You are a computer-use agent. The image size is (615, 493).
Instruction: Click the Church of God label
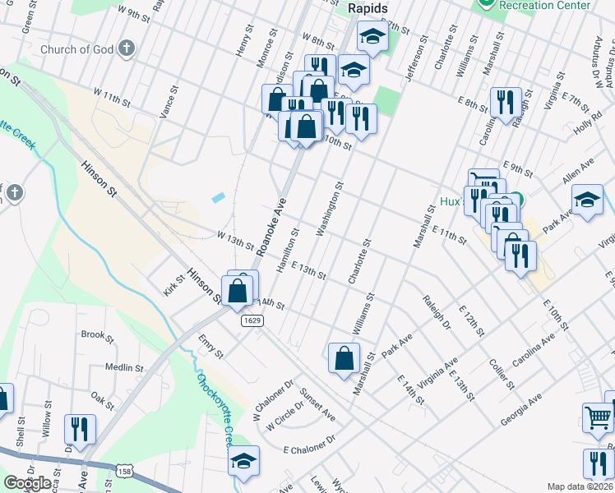[x=77, y=49]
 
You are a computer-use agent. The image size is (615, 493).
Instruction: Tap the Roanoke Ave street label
[x=272, y=226]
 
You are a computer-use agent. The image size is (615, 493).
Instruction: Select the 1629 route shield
[x=252, y=320]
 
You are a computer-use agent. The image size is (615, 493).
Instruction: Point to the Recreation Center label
[x=545, y=5]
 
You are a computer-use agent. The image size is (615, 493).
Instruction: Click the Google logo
[x=27, y=483]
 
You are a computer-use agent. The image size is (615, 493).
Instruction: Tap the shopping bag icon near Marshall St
[x=344, y=357]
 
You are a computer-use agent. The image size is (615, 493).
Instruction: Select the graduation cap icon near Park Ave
[x=587, y=200]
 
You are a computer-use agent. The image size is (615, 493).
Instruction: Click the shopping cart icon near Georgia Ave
[x=597, y=417]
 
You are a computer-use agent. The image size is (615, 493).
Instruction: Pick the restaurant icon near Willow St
[x=81, y=428]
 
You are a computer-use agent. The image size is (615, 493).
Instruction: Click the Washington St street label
[x=329, y=207]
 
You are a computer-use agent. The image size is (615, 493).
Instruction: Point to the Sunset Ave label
[x=317, y=402]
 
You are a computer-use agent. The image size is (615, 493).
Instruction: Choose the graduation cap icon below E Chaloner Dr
[x=243, y=461]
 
